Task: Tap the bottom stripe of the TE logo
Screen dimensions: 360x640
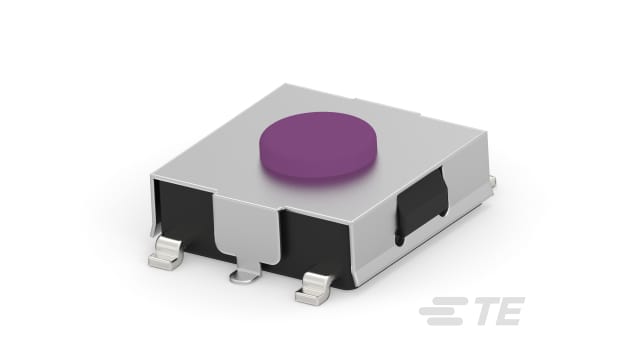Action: pyautogui.click(x=439, y=324)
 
